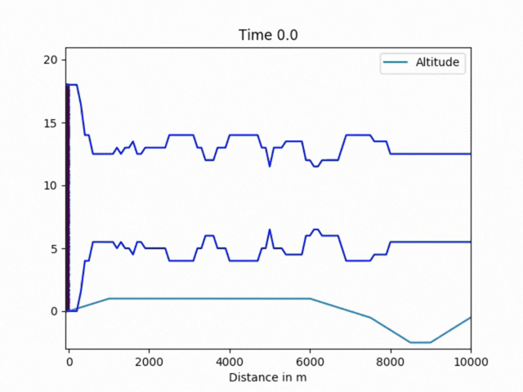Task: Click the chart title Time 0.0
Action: tap(261, 34)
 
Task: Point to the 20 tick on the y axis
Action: tap(51, 60)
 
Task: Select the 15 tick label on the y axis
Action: tap(51, 123)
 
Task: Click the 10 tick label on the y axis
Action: tap(51, 186)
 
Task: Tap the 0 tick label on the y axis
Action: tap(54, 311)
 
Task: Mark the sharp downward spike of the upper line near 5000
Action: tap(270, 166)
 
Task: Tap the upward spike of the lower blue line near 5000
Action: tap(270, 230)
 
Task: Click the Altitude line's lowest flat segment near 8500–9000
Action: tap(420, 342)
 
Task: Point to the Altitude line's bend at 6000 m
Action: tap(310, 299)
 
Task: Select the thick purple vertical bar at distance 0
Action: tap(67, 196)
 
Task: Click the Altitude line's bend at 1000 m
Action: tap(109, 299)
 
